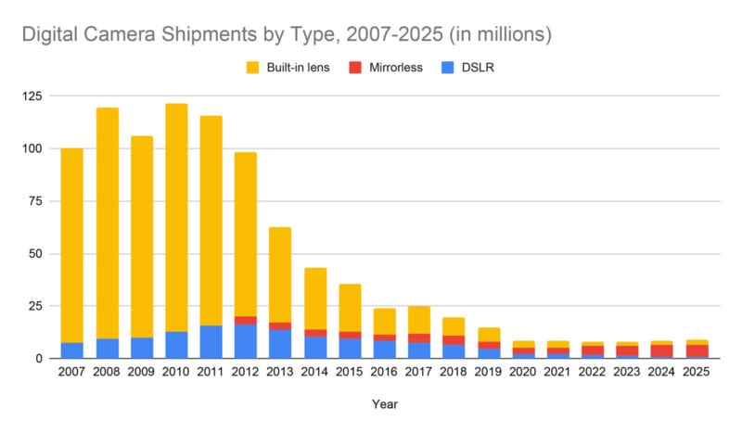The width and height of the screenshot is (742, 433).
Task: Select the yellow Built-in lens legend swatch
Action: (252, 68)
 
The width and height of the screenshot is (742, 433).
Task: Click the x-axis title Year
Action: (384, 405)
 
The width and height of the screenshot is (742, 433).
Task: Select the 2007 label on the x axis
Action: (71, 373)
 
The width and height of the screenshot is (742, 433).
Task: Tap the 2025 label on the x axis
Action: (697, 373)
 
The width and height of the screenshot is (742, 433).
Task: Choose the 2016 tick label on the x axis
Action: (384, 373)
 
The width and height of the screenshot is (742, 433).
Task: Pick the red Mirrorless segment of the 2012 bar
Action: (246, 320)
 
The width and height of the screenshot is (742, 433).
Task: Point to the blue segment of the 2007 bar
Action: (71, 350)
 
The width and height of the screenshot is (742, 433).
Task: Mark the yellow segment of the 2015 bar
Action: (350, 307)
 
